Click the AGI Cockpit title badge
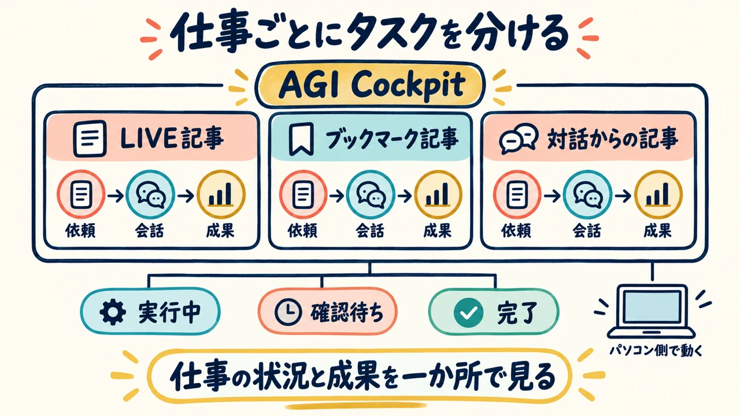[371, 84]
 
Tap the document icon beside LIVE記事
[90, 138]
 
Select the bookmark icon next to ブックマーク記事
[301, 139]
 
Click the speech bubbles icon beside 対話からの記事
[519, 139]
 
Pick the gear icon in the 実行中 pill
[113, 311]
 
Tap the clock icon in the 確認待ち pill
[288, 311]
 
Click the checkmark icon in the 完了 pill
[468, 313]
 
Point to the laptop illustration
[651, 311]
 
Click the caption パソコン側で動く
[656, 350]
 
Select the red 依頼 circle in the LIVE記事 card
[81, 194]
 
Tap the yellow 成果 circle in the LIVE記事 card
[221, 195]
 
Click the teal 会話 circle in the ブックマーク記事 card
[371, 195]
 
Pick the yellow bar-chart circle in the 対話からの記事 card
[658, 195]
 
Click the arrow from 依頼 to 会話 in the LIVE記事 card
[116, 196]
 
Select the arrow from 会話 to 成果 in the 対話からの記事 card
[623, 196]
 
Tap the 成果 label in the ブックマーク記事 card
[438, 230]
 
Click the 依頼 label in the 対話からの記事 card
[516, 230]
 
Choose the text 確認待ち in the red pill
[347, 311]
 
